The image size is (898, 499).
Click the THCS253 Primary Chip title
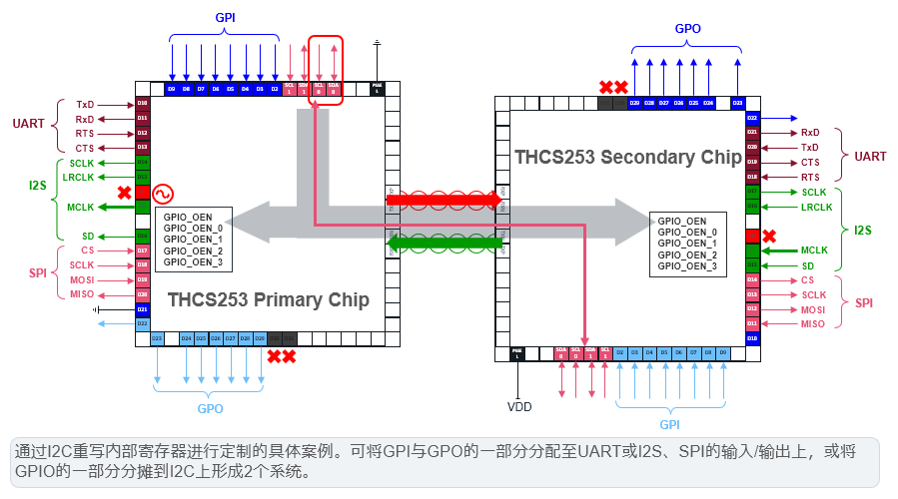coord(268,299)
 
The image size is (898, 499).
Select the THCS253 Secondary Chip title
coord(628,157)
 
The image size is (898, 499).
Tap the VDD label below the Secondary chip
coord(519,406)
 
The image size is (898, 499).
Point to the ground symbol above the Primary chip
coord(377,44)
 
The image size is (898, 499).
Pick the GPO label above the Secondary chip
coord(688,29)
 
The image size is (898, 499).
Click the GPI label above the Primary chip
coord(227,18)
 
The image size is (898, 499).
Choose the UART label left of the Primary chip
coord(28,125)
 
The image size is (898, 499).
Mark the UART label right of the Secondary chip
coord(870,156)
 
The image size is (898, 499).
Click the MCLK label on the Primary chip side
coord(81,208)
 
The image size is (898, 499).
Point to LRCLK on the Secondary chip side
coord(816,207)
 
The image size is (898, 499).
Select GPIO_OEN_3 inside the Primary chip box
coord(193,262)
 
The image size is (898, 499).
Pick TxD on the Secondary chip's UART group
coord(810,147)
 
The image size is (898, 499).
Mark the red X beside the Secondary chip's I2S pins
coord(769,237)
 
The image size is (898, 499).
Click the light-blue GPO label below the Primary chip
coord(209,408)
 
